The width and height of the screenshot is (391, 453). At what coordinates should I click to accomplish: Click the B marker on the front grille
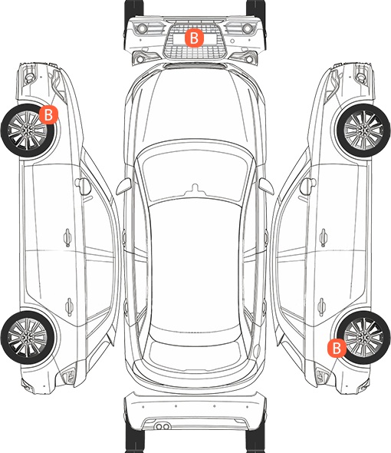click(x=194, y=38)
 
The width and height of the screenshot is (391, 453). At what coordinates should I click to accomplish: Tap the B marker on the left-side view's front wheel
click(x=49, y=114)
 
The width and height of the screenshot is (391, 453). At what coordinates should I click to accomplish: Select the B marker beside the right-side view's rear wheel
click(x=337, y=348)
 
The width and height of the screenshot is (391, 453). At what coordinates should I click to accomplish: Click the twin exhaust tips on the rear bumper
click(x=163, y=426)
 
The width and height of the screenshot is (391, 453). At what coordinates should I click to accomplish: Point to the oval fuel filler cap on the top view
click(x=257, y=350)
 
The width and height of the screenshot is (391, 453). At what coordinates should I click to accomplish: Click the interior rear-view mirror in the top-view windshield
click(x=195, y=189)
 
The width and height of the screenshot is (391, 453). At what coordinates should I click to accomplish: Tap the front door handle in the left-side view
click(x=67, y=238)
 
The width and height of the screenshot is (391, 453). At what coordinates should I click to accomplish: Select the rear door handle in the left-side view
click(x=69, y=306)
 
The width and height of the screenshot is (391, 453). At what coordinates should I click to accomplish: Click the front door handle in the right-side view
click(x=324, y=238)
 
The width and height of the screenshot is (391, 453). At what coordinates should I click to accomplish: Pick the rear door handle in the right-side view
click(x=322, y=306)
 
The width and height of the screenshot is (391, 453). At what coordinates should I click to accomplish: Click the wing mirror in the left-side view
click(x=83, y=187)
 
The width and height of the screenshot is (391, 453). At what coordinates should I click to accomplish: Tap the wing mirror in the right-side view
click(x=308, y=187)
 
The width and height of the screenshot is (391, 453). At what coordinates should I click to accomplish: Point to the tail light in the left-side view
click(x=68, y=376)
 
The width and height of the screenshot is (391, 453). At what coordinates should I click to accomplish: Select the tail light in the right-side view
click(x=322, y=376)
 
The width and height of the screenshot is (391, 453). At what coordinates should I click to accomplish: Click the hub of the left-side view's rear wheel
click(x=27, y=337)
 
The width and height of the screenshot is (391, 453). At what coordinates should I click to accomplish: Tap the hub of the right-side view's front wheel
click(x=364, y=131)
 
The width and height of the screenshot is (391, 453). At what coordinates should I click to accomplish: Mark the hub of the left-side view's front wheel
click(x=27, y=131)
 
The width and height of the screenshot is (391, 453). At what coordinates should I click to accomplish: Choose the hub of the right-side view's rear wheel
click(x=364, y=337)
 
